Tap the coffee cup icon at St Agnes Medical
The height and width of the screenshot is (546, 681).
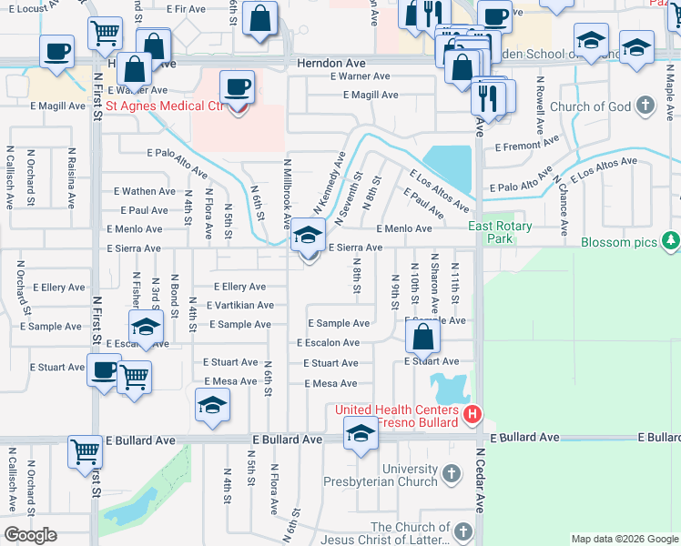click(239, 87)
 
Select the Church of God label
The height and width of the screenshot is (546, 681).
click(590, 106)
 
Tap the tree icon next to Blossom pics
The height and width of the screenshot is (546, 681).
click(672, 241)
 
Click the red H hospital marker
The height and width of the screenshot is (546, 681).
click(472, 417)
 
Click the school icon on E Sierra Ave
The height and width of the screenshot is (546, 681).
click(309, 237)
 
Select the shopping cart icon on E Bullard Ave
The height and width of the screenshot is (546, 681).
click(85, 450)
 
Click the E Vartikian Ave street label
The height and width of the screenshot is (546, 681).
click(240, 306)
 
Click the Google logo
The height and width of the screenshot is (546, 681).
click(31, 535)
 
